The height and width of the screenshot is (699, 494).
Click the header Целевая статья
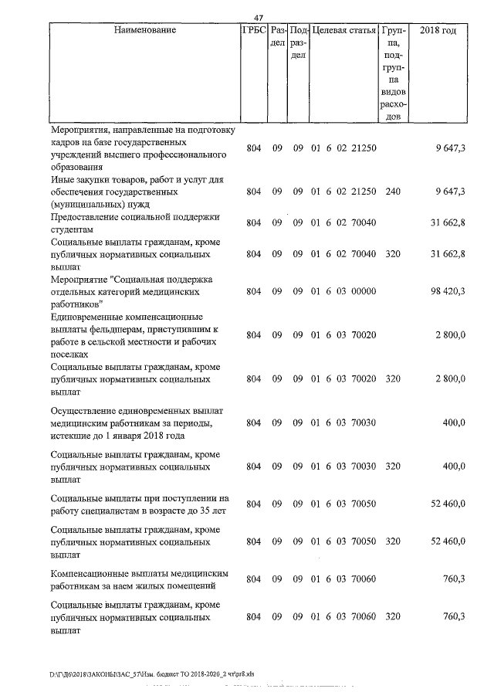click(x=343, y=31)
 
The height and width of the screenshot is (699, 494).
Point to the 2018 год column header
click(x=438, y=31)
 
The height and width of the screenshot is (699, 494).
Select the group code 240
click(x=393, y=191)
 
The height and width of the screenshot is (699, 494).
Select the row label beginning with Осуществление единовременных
click(x=139, y=422)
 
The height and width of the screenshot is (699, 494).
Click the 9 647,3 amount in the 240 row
click(x=450, y=191)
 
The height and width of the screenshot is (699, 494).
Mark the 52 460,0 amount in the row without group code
click(x=448, y=504)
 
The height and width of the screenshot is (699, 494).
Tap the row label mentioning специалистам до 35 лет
click(x=139, y=504)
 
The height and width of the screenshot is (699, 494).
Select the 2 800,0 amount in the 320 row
click(x=451, y=379)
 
